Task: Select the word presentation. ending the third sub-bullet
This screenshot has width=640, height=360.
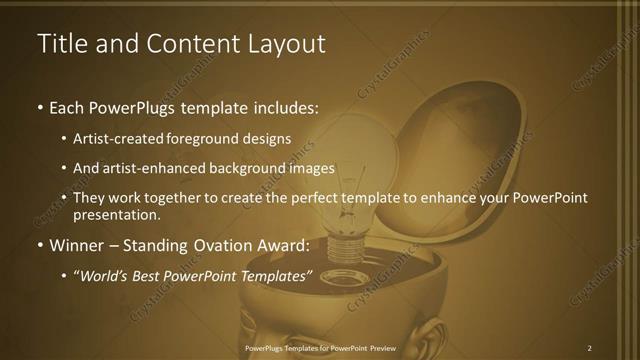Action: click(x=116, y=214)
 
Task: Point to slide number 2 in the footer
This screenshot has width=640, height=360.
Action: click(x=590, y=348)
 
